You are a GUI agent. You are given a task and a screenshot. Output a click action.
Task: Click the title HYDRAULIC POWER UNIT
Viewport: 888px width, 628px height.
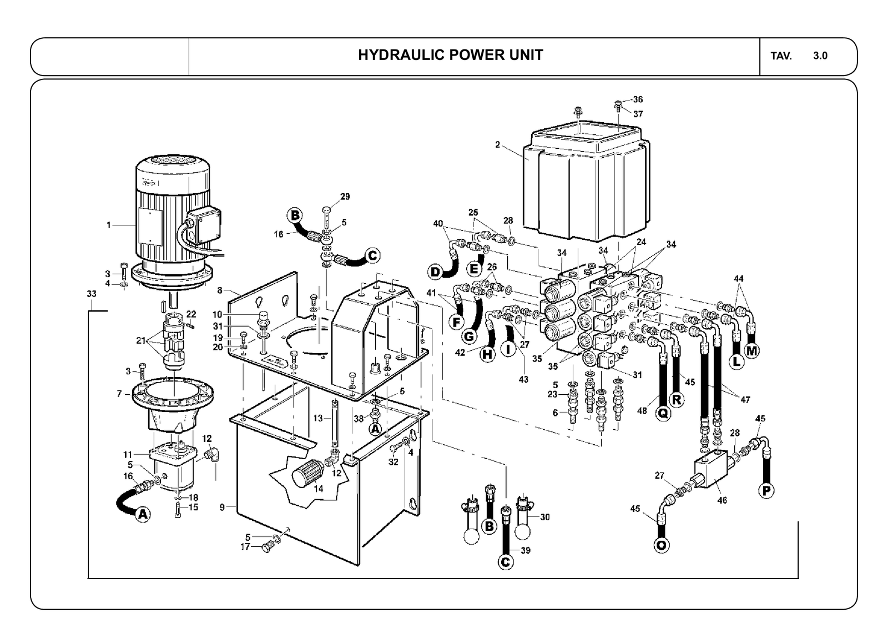pos(450,55)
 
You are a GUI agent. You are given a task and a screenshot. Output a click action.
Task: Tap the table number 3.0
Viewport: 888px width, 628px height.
pos(820,56)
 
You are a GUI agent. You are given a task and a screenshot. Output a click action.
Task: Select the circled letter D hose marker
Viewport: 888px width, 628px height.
pos(435,272)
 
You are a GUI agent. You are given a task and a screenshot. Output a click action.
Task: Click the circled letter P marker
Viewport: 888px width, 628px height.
pos(766,491)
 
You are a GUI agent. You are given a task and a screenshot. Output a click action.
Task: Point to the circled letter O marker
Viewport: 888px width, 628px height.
pos(661,546)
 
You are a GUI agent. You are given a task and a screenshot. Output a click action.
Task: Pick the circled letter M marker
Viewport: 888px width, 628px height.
pos(752,351)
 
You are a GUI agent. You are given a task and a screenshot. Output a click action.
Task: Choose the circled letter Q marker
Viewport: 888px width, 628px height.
pos(663,414)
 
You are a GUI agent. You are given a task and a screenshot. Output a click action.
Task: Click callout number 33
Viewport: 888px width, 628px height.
pos(92,294)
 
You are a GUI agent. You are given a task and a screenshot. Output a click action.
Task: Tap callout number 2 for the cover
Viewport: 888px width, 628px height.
pos(497,145)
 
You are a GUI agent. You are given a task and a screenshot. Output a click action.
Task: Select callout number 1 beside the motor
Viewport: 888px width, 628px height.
pos(109,225)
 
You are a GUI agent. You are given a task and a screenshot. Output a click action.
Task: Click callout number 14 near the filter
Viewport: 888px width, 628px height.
pos(319,489)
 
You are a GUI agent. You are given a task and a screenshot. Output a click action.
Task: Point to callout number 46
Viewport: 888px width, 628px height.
pos(722,500)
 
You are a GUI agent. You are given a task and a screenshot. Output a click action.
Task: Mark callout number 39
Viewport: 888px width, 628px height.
pos(526,550)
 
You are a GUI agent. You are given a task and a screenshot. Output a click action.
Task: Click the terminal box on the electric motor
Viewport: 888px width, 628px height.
pos(204,225)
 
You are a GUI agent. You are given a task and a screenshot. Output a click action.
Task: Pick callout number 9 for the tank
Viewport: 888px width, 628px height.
pos(223,507)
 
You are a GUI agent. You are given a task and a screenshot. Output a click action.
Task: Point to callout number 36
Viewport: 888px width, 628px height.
pos(638,99)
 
